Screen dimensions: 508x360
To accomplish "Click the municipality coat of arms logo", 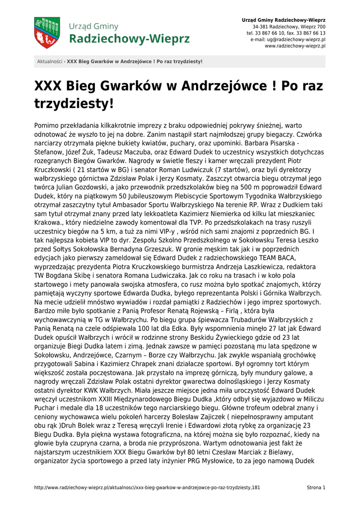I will [x=47, y=33].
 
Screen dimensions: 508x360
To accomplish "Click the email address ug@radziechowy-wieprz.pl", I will [x=296, y=39].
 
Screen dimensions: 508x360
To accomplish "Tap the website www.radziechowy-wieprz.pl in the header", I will [x=295, y=46].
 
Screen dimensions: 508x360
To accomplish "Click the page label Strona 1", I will [x=316, y=488].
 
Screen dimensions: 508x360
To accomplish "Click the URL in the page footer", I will [x=147, y=488].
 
